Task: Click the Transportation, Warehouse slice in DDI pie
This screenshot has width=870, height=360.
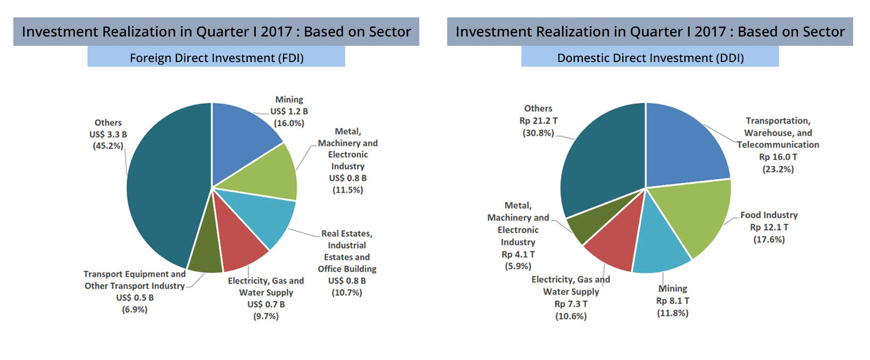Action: tap(684, 145)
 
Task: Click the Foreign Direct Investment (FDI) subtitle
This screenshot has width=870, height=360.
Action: tap(216, 57)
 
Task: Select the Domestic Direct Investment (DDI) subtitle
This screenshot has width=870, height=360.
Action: tap(650, 57)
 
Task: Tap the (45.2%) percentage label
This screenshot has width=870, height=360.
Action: tap(108, 146)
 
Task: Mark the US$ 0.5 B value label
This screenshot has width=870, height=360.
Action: tap(134, 297)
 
